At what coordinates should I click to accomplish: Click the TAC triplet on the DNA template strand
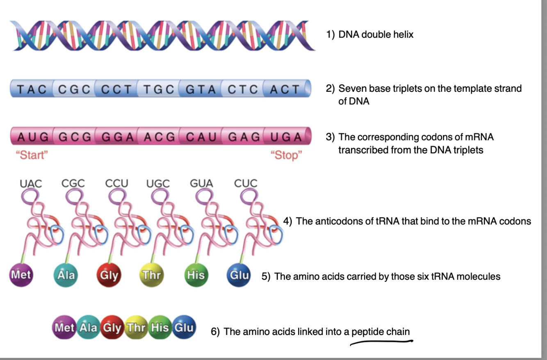coord(32,89)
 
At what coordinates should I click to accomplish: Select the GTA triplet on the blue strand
coord(201,89)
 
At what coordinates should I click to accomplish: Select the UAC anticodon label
coord(31,183)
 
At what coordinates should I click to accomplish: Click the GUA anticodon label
coord(201,183)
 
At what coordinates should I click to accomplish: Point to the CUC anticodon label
coord(246,183)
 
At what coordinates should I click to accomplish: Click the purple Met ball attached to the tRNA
coord(21,274)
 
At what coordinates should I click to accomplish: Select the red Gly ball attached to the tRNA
coord(109,275)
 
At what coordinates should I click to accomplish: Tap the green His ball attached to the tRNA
coord(196,275)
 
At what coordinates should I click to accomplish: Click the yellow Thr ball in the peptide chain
coord(137,328)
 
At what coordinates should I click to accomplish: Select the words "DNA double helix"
coord(376,34)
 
